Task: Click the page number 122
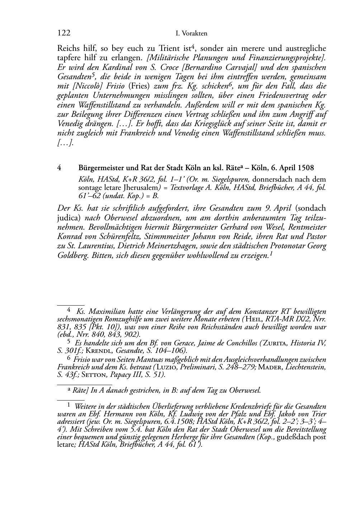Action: click(x=63, y=33)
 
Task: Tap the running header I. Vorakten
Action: click(x=192, y=34)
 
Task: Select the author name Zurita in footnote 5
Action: click(x=275, y=343)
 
